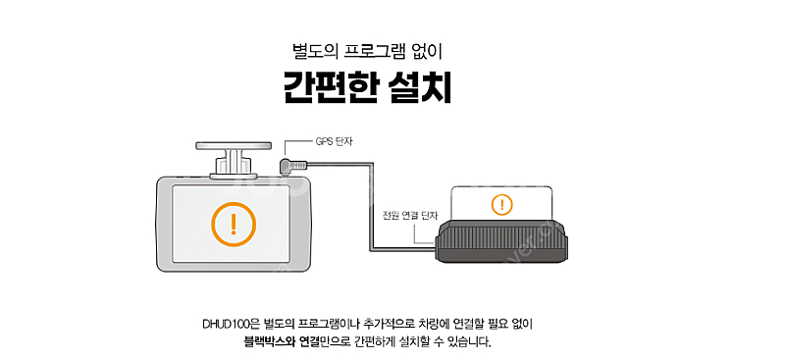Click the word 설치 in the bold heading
coord(418,88)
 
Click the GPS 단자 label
coord(335,141)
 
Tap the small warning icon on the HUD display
coord(501,205)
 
